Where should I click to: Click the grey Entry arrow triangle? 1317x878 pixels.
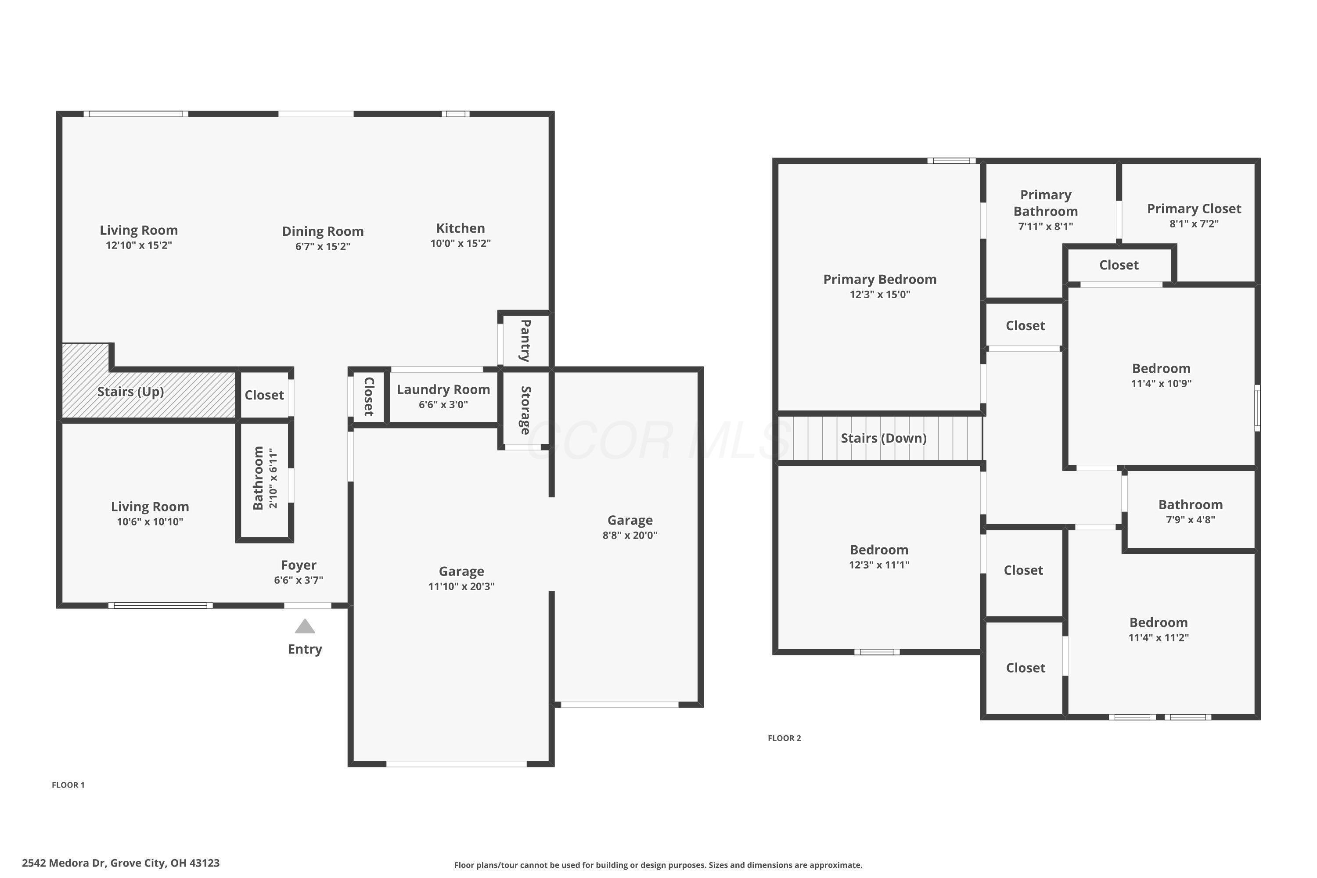[x=305, y=626]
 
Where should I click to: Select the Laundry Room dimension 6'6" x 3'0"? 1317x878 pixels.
[x=443, y=405]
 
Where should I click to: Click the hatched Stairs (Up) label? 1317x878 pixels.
[x=130, y=392]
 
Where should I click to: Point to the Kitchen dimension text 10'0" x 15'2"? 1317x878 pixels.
[x=460, y=244]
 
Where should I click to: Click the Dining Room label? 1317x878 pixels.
[x=323, y=231]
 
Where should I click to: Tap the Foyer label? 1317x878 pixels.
[x=299, y=565]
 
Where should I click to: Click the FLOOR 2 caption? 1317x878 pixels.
[x=784, y=738]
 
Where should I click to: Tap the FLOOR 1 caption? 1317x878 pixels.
[x=68, y=785]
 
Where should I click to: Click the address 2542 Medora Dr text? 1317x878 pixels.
[x=120, y=863]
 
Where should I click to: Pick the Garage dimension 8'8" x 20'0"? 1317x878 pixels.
[x=630, y=535]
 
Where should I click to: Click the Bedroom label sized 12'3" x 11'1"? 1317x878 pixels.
[x=878, y=550]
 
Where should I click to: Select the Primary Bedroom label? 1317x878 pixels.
[x=879, y=279]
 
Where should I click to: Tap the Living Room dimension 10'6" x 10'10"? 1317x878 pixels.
[x=150, y=522]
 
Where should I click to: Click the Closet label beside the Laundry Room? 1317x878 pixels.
[x=368, y=396]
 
